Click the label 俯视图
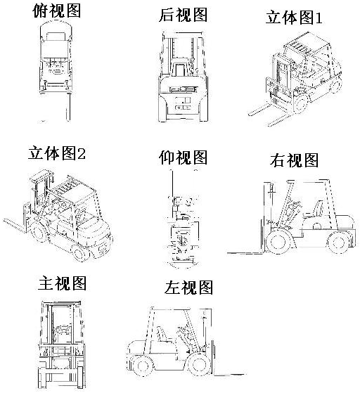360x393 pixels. pos(57,11)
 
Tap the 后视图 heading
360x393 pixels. pos(184,15)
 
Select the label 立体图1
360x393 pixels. pos(294,18)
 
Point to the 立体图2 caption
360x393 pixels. pos(57,153)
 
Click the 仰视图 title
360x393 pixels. pos(184,157)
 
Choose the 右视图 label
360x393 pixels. pos(295,160)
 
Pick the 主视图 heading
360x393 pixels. pos(62,283)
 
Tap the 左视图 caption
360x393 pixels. pos(188,288)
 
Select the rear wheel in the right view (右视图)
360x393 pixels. pos(337,243)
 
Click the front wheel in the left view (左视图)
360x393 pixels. pos(198,365)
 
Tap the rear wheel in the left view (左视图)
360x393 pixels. pos(141,366)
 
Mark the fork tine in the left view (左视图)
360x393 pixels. pos(229,375)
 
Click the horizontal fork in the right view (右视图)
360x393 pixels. pos(245,252)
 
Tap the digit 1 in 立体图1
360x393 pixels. pos(319,18)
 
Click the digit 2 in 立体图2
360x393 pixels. pos(82,153)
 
